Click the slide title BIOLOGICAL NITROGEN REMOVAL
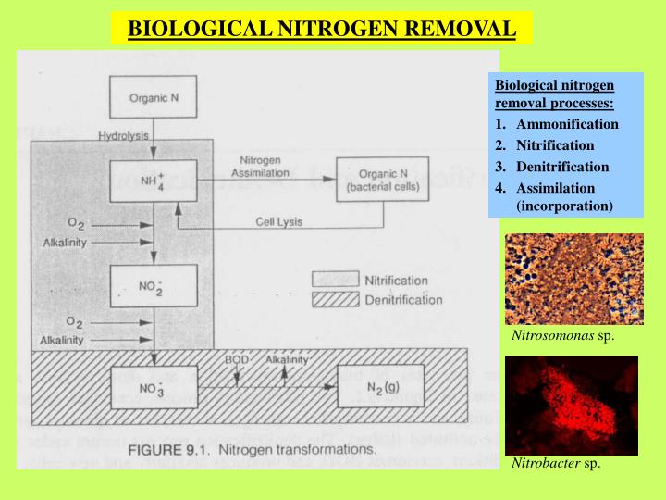click(x=321, y=28)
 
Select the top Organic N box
click(x=154, y=97)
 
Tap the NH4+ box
click(x=154, y=180)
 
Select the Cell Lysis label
click(x=279, y=221)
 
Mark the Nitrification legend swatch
click(x=335, y=280)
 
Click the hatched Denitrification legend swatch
click(x=335, y=299)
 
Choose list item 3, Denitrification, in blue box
click(x=562, y=167)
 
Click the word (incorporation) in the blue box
click(x=564, y=205)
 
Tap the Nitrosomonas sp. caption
click(x=562, y=335)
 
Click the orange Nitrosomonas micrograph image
click(x=573, y=279)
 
